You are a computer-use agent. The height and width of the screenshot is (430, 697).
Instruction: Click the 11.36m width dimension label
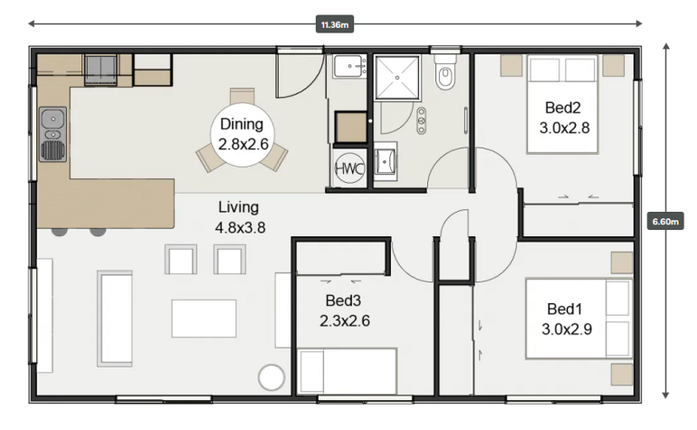(334, 24)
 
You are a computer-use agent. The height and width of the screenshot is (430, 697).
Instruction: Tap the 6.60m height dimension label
(665, 221)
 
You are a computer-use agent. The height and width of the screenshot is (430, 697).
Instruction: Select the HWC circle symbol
(349, 168)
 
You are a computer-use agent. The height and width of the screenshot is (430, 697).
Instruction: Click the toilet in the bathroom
(445, 72)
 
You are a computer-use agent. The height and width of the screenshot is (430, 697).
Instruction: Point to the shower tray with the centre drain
(397, 77)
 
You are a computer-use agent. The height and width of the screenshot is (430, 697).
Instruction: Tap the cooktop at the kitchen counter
(100, 70)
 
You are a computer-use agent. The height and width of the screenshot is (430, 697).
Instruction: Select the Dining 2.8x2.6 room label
(243, 134)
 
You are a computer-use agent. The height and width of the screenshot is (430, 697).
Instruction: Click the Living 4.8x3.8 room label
(240, 217)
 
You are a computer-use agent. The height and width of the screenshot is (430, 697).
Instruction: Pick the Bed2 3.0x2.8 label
(564, 118)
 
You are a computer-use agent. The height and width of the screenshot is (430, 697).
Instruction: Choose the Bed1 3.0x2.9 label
(567, 320)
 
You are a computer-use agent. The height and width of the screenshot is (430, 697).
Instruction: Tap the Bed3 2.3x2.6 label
(344, 311)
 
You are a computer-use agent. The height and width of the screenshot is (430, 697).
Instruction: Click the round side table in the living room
(272, 377)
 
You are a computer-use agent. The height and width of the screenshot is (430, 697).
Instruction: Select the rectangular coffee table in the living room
(204, 319)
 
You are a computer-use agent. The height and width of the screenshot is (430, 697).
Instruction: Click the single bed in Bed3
(348, 371)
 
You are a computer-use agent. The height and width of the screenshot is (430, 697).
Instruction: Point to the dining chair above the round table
(243, 96)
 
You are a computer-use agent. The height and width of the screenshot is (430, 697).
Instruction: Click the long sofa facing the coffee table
(115, 319)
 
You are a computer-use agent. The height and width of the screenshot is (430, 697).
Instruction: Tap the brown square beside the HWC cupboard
(350, 127)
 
